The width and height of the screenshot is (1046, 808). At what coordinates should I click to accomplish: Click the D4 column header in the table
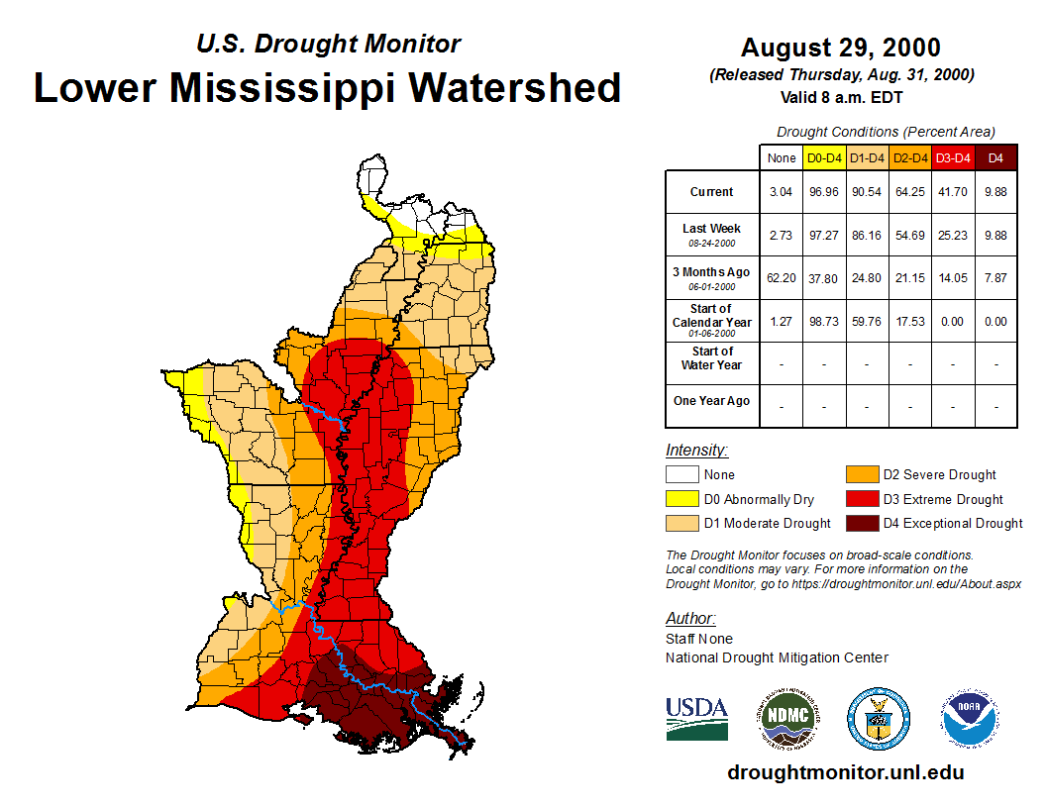pos(996,157)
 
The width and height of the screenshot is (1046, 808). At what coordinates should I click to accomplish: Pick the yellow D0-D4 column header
pos(824,157)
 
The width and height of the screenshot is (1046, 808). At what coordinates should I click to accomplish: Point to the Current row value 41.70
pos(953,192)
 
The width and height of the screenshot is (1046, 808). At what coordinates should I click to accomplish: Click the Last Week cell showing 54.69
pos(910,235)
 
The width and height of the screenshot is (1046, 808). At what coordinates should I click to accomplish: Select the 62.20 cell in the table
pos(781,278)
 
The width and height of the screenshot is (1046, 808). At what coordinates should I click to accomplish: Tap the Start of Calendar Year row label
pos(712,321)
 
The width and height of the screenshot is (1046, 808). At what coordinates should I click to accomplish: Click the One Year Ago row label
pos(712,401)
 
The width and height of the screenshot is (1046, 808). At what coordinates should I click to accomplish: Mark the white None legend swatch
pos(681,475)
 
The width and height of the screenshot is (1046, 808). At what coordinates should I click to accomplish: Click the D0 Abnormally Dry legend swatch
pos(681,499)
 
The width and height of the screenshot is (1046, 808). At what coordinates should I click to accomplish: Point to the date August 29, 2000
pos(840,48)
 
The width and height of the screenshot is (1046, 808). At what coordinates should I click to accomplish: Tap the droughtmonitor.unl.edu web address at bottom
pos(845,771)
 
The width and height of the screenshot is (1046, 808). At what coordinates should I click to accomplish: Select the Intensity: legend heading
pos(696,450)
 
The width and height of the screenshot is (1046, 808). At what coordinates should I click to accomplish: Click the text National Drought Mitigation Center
pos(777,657)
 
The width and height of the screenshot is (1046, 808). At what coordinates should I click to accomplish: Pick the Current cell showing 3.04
pos(781,192)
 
